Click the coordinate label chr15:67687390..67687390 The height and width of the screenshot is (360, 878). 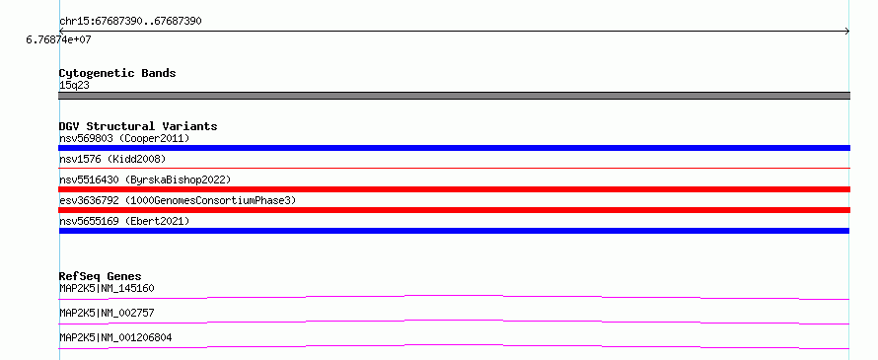pos(130,22)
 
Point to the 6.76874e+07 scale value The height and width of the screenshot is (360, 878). pos(58,39)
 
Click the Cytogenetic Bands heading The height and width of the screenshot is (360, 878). pos(117,73)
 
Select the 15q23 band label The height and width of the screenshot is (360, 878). pos(74,86)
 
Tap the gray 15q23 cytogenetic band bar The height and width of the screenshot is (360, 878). pos(454,96)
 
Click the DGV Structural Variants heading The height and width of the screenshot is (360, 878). pos(138,126)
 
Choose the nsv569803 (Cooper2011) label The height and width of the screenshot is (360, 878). pos(124,138)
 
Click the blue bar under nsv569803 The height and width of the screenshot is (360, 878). pos(454,148)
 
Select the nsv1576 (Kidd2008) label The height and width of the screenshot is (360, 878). pos(112,160)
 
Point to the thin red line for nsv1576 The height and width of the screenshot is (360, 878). pos(454,168)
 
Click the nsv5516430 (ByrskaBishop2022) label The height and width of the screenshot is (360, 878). pos(145,180)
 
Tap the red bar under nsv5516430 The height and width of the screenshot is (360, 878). pos(454,189)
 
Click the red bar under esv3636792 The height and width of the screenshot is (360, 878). pos(454,210)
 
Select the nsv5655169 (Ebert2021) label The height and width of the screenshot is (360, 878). pos(124,221)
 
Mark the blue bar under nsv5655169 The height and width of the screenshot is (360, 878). pos(454,231)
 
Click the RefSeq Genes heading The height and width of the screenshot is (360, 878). pos(100,276)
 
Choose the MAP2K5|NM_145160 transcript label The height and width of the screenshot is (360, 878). pos(107,289)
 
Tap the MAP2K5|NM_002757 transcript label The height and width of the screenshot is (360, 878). pos(107,314)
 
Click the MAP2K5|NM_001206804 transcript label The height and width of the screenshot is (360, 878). pos(115,338)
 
